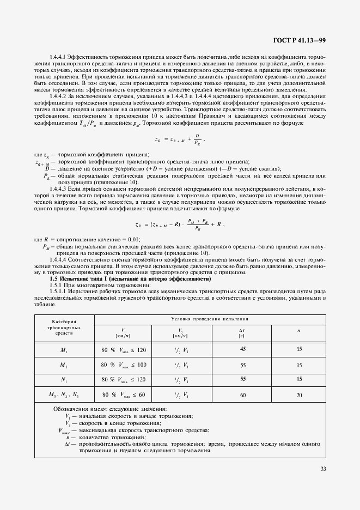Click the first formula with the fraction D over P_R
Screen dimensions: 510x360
180,139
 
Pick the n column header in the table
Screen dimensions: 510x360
298,330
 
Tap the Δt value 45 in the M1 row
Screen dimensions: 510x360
242,349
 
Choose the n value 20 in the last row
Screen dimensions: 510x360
299,394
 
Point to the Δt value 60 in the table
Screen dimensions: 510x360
242,394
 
